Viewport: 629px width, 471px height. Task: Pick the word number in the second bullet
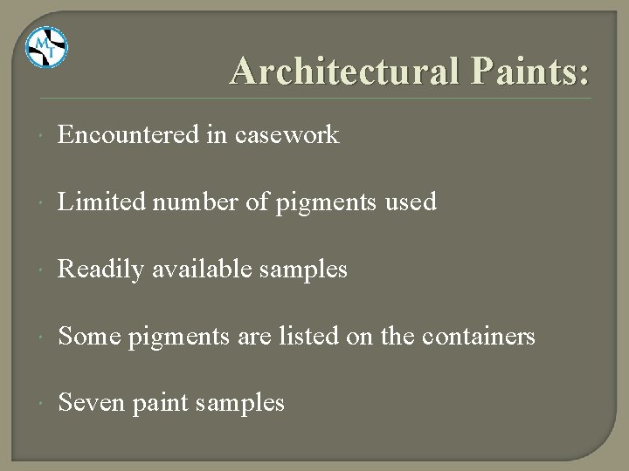click(x=183, y=202)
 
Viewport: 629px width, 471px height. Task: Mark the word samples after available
click(x=302, y=270)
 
